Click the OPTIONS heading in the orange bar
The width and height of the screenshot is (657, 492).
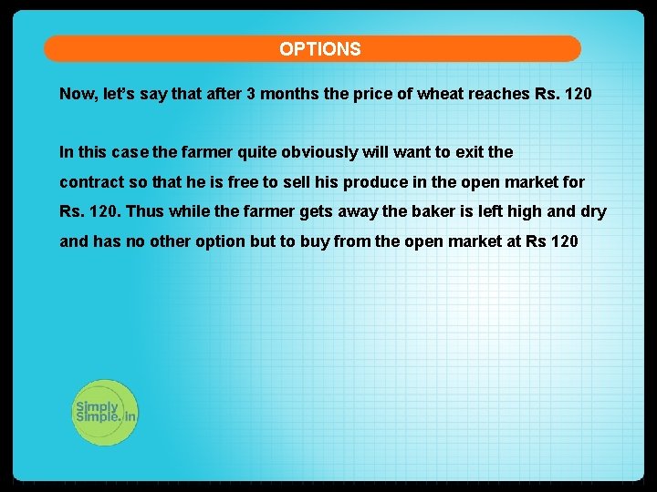click(x=320, y=49)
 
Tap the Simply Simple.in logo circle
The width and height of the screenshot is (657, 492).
click(x=105, y=412)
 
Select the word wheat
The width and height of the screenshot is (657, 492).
click(x=441, y=94)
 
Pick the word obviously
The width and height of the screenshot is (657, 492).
click(x=319, y=152)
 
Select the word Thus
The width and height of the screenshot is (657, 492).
click(x=143, y=212)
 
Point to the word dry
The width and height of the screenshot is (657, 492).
click(x=593, y=212)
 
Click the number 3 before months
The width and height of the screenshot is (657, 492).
click(x=251, y=94)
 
